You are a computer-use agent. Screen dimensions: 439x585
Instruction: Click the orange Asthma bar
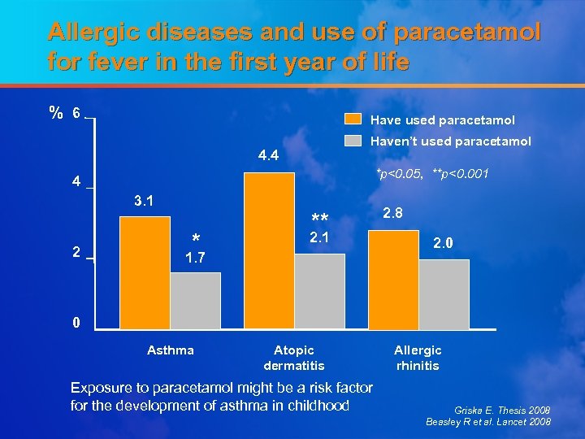click(145, 272)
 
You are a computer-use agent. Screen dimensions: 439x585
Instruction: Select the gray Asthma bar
click(195, 300)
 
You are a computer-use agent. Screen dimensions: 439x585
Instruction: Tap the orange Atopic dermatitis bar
click(269, 250)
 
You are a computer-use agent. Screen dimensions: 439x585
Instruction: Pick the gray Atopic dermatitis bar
click(319, 291)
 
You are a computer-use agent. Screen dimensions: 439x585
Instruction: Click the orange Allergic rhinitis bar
click(394, 280)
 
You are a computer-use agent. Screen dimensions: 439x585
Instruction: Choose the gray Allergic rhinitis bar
click(444, 293)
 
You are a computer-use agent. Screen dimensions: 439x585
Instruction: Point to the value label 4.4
click(268, 155)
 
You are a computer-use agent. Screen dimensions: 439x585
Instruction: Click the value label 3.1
click(144, 200)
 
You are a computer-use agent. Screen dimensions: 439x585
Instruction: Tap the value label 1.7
click(194, 259)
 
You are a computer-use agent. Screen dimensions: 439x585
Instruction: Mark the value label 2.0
click(444, 243)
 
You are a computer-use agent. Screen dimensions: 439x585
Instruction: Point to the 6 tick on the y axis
click(75, 114)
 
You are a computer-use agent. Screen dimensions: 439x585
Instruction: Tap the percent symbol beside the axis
click(55, 114)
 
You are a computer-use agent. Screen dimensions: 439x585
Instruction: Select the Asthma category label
click(171, 350)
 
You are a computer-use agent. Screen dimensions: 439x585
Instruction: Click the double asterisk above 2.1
click(319, 219)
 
